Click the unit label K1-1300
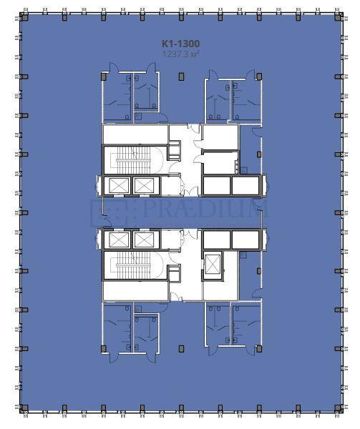coord(180,44)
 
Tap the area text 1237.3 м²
coord(180,53)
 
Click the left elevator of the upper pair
coord(117,186)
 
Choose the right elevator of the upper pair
coord(144,186)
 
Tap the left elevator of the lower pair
coord(117,240)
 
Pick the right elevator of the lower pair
coord(144,240)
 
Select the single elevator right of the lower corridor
coord(213,265)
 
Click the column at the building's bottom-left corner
coord(24,408)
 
